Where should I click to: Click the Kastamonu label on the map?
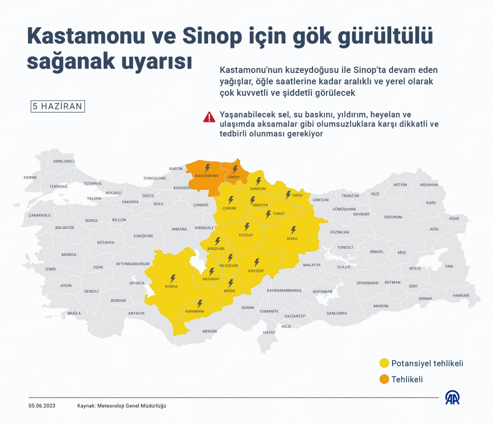pyautogui.click(x=207, y=176)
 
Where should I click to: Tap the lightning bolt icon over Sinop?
pyautogui.click(x=235, y=169)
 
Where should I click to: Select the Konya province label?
pyautogui.click(x=171, y=287)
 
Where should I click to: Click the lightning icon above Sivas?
pyautogui.click(x=293, y=230)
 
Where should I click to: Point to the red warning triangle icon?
pyautogui.click(x=209, y=117)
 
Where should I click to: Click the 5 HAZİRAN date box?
pyautogui.click(x=57, y=106)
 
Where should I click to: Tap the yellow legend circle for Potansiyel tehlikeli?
pyautogui.click(x=384, y=363)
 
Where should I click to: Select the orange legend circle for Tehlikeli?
pyautogui.click(x=384, y=379)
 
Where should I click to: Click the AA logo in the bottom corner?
pyautogui.click(x=452, y=397)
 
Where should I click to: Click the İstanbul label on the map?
pyautogui.click(x=93, y=183)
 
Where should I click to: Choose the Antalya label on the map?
pyautogui.click(x=136, y=313)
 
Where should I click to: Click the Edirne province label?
pyautogui.click(x=30, y=178)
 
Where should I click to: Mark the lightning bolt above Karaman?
pyautogui.click(x=200, y=304)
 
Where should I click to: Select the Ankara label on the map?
pyautogui.click(x=179, y=229)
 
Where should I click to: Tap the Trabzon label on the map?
pyautogui.click(x=350, y=196)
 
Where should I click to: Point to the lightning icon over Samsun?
pyautogui.click(x=258, y=181)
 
